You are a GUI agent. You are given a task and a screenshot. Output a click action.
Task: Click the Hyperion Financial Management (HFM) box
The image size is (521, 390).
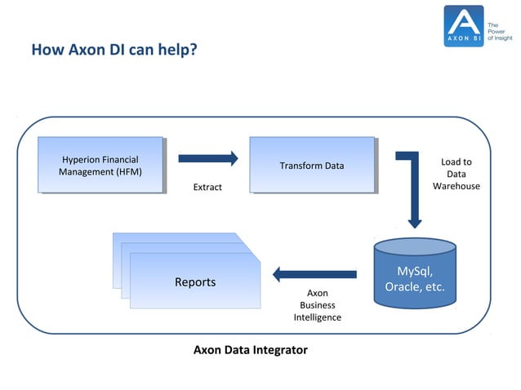(x=100, y=165)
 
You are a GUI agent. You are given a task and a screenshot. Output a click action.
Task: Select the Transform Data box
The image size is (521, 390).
(x=312, y=166)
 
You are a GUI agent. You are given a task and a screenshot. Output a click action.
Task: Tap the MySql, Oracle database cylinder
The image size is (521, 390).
(x=414, y=273)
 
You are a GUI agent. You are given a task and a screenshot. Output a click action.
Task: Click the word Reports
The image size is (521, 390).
(x=195, y=282)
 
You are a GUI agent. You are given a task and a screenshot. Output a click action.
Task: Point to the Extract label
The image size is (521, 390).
(x=207, y=188)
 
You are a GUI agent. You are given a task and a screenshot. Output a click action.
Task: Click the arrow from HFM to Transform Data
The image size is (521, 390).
(x=208, y=158)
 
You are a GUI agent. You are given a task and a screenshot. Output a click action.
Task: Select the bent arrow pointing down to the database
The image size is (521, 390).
(x=412, y=188)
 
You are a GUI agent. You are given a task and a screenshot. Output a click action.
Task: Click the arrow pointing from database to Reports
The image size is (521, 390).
(x=314, y=273)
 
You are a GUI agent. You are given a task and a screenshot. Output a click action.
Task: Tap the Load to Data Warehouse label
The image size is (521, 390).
(x=456, y=175)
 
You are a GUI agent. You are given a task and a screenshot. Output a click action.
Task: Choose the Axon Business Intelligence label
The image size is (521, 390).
(x=317, y=304)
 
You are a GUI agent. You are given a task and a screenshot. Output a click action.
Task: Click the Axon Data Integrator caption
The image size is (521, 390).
(x=250, y=350)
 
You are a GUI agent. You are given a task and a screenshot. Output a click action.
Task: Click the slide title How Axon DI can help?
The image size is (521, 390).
(x=114, y=51)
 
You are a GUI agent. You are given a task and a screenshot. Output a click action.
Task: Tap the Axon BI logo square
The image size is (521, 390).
(x=464, y=25)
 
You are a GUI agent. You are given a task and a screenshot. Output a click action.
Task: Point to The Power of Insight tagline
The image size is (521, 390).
(x=500, y=26)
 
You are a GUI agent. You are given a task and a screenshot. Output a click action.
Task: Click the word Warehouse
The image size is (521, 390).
(x=456, y=187)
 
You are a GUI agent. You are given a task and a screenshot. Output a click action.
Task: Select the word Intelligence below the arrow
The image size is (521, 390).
(x=317, y=317)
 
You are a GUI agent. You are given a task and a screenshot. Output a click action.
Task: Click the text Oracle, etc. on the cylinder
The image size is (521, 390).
(x=415, y=286)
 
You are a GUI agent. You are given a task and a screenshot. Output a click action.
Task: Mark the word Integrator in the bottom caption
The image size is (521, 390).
(x=279, y=350)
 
